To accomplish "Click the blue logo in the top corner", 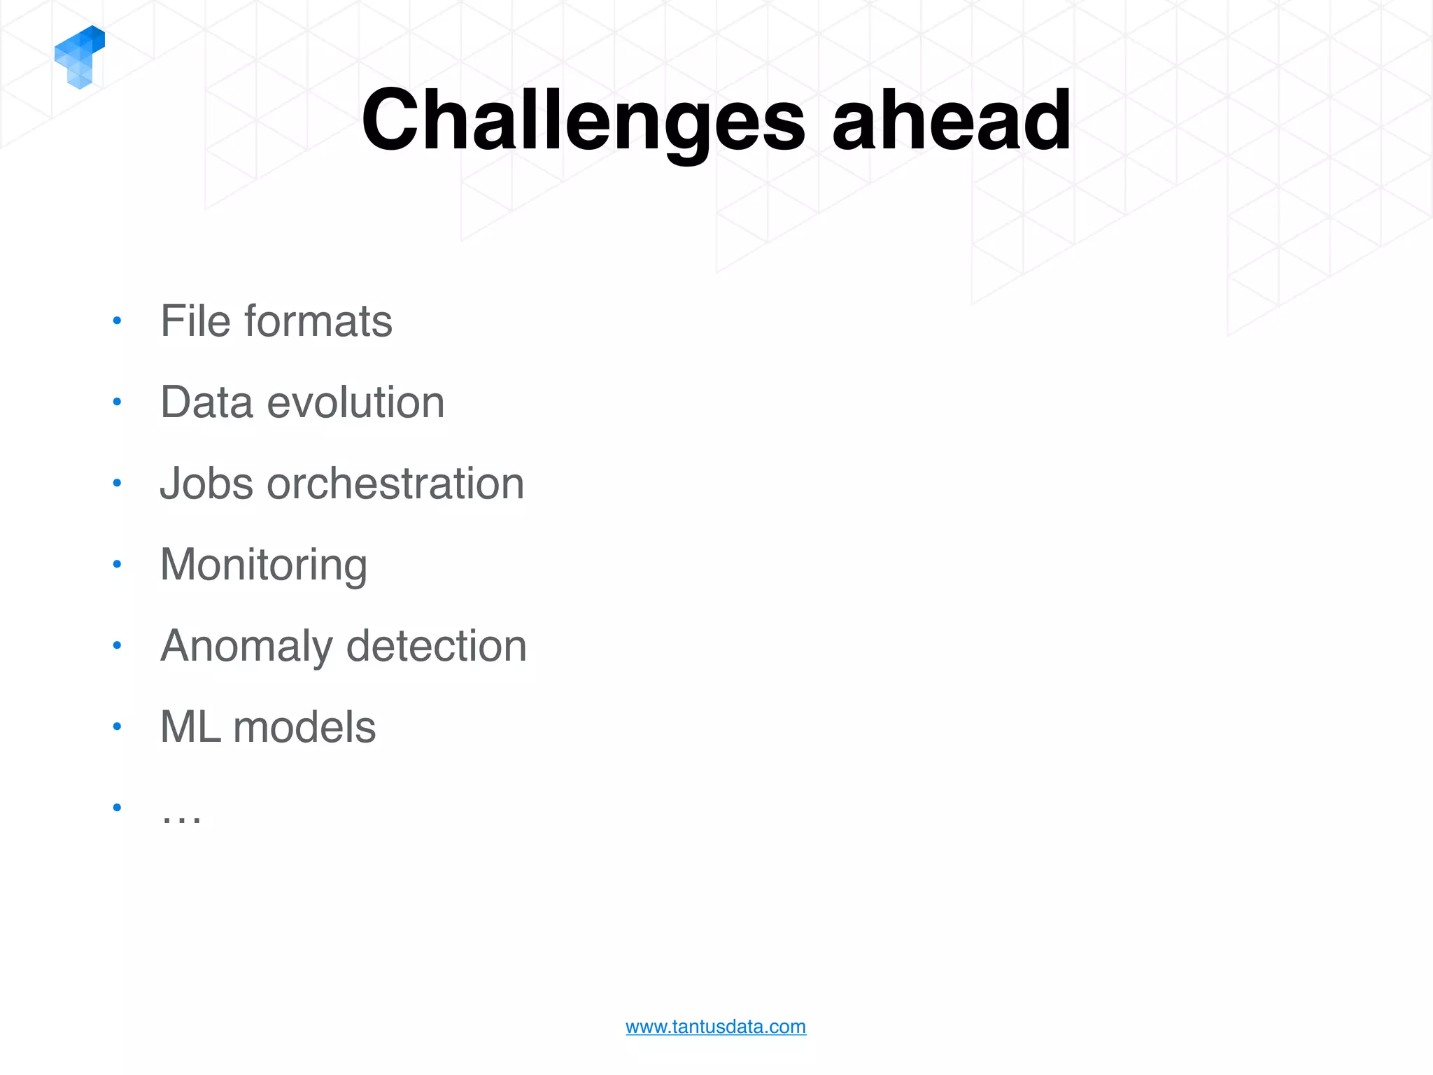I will [x=79, y=57].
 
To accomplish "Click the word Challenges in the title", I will [x=583, y=120].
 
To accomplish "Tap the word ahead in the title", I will [x=951, y=120].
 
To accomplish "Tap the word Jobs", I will [x=206, y=484].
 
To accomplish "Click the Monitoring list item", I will [x=263, y=565].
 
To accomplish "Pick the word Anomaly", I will [x=246, y=647].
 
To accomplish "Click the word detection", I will [x=436, y=645].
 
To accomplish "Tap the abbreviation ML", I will [x=190, y=727].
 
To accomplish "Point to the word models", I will [x=304, y=727].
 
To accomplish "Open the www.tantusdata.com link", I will [x=716, y=1027].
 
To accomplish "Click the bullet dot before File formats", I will [x=117, y=321].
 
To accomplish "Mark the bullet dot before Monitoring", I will [x=117, y=564].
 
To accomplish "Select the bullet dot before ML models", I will [x=117, y=726].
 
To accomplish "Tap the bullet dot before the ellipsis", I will [x=117, y=808].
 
